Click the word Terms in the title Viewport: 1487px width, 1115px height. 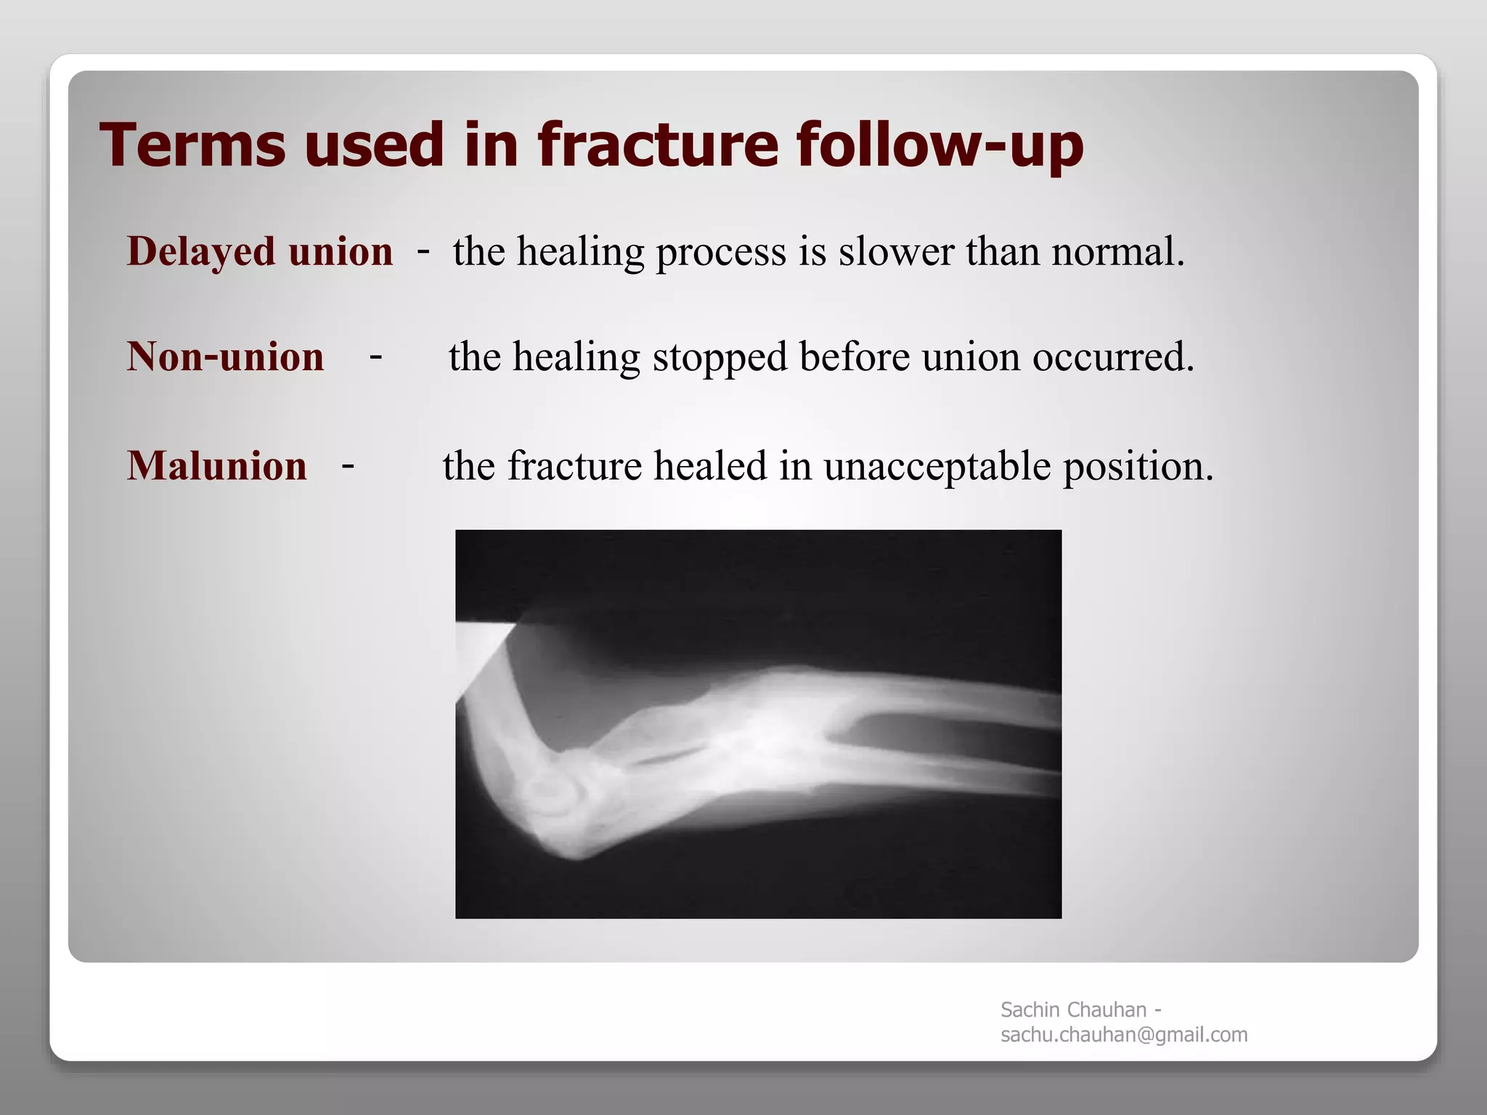click(193, 144)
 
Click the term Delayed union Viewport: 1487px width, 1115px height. click(259, 252)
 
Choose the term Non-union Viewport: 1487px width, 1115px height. click(225, 357)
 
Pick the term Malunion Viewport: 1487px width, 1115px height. click(216, 466)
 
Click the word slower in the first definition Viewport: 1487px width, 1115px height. click(896, 252)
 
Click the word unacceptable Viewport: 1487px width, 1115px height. click(937, 466)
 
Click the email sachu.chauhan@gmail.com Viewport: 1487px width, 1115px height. click(1123, 1035)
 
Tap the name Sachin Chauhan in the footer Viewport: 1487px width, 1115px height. click(1073, 1010)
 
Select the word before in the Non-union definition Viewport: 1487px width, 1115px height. click(854, 357)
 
